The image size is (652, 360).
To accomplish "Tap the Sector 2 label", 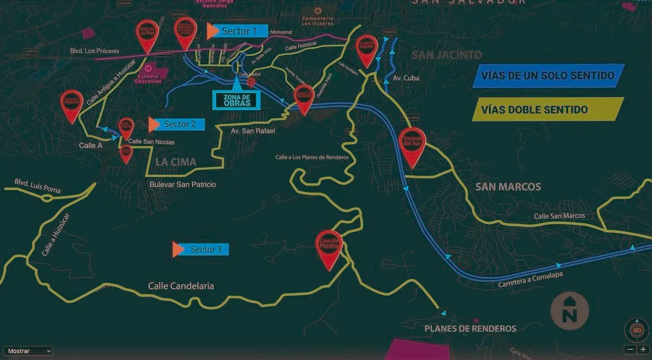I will point(180,124).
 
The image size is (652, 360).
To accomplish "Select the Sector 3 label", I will point(205,250).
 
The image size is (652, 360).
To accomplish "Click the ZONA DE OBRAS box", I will point(237,100).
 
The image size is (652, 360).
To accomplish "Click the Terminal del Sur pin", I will point(413,144).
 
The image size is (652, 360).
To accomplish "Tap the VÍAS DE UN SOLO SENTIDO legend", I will point(548,75).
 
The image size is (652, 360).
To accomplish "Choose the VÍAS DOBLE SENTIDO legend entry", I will point(548,109).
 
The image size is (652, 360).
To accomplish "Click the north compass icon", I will point(570,311).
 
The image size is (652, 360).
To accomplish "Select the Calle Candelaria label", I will point(181,286).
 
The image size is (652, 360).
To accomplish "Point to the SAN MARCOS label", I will point(508,187).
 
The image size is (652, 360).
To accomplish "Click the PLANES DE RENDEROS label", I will point(470,329).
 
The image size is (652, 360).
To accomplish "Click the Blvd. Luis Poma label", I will point(37,186).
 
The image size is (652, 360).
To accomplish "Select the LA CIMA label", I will point(176,162).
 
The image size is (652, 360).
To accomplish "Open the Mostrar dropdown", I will point(28,351).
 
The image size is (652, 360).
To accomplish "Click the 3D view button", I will point(637,330).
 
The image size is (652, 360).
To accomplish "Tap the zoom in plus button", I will point(643,350).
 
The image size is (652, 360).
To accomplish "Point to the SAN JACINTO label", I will point(447,55).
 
